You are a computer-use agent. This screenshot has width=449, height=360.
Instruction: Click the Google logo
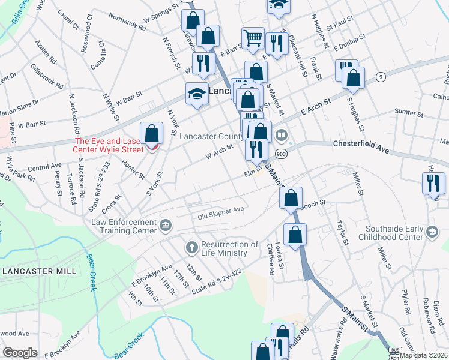(x=20, y=353)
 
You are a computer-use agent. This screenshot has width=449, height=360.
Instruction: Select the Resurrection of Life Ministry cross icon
(x=191, y=247)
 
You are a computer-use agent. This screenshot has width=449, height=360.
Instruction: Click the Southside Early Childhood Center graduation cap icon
(x=431, y=232)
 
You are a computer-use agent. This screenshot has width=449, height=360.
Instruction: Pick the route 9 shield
(x=380, y=76)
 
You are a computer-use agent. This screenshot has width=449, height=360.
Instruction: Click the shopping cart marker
(x=253, y=38)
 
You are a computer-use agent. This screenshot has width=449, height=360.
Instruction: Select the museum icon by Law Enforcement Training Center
(x=166, y=226)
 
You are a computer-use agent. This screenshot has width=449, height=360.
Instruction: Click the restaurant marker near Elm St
(x=256, y=149)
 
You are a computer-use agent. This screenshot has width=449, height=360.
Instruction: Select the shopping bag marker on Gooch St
(x=291, y=198)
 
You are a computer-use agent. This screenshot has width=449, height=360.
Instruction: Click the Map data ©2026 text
(x=424, y=355)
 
